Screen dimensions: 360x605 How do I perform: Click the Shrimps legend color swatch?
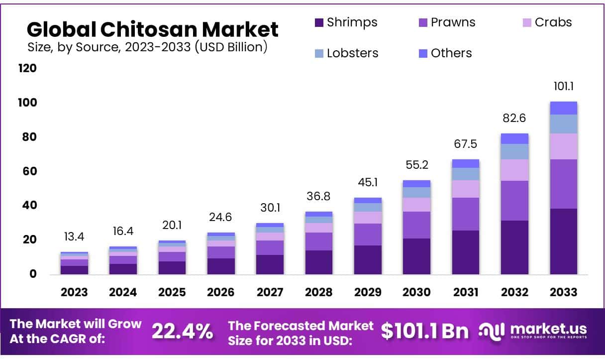(319, 22)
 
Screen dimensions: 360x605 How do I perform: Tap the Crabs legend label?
(553, 22)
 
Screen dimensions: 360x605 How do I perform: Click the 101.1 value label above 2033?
(563, 87)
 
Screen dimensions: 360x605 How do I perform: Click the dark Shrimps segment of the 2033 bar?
(563, 241)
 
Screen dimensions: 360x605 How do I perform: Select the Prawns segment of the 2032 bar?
(514, 201)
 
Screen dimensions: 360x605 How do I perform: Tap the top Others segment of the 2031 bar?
(465, 163)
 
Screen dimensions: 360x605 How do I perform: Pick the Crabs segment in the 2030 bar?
(416, 205)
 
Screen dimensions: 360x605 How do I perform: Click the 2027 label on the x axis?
(270, 292)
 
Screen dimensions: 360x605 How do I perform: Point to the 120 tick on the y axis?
(28, 68)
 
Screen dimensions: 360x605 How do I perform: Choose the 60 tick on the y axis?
(30, 171)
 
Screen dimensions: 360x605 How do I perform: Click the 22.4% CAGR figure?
(182, 331)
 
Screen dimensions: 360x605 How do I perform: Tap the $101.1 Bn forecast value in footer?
(425, 331)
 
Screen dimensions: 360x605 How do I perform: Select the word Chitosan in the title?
(152, 30)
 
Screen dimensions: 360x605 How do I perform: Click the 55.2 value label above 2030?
(416, 165)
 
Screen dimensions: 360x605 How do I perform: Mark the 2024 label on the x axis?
(123, 292)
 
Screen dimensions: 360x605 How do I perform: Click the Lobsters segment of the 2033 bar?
(563, 124)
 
